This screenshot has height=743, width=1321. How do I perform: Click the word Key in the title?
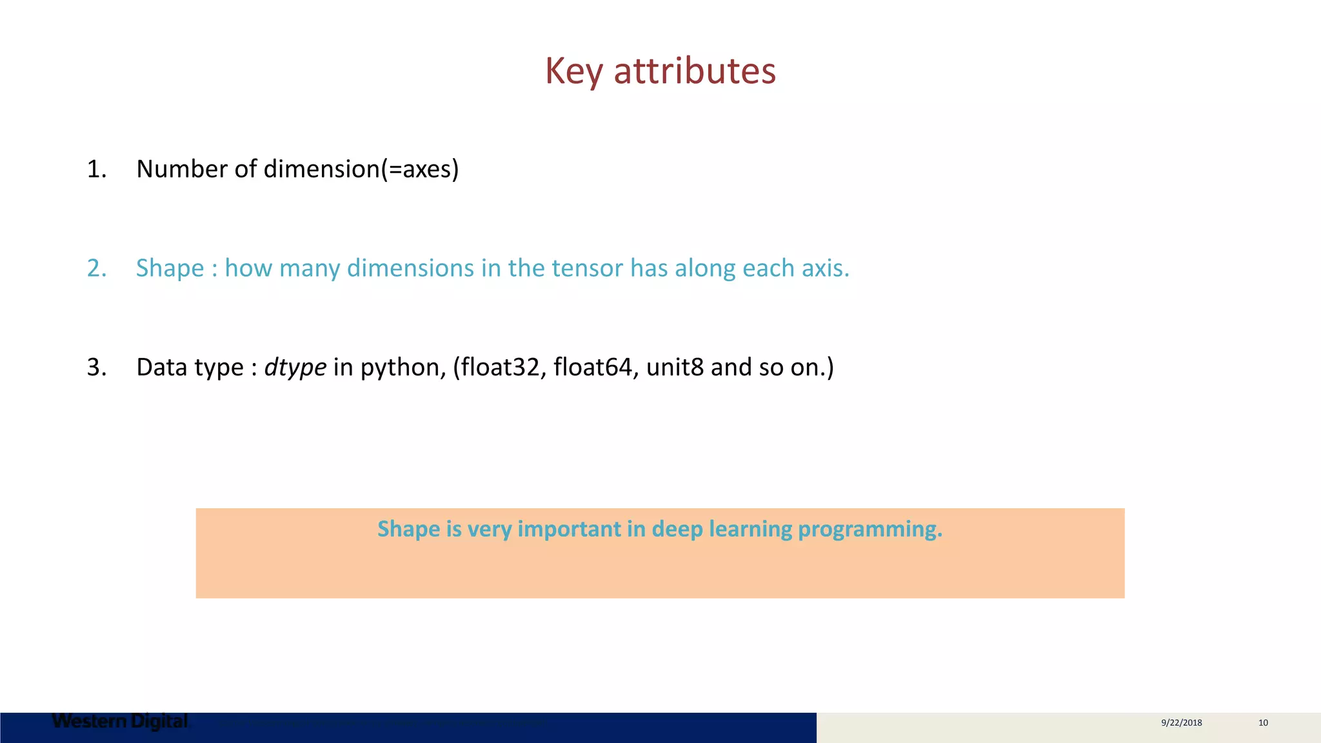[x=573, y=71]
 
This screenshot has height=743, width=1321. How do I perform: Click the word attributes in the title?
[x=695, y=71]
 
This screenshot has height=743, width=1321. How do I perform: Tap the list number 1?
[x=96, y=169]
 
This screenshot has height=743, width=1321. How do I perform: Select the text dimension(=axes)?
[x=361, y=169]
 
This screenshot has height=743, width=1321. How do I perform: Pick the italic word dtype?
[x=295, y=368]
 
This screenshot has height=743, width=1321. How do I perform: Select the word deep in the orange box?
[x=677, y=529]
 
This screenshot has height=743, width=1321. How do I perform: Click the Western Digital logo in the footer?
[x=120, y=721]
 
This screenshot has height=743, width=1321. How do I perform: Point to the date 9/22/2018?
[x=1181, y=723]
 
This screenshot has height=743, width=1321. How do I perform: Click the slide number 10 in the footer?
[x=1263, y=723]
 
